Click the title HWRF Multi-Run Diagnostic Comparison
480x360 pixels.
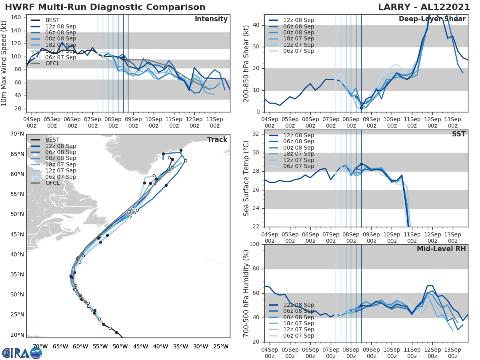(105, 7)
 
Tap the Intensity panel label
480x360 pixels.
(211, 19)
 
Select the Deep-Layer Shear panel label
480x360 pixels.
(432, 19)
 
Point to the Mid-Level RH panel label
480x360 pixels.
(441, 249)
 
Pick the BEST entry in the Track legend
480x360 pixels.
(52, 140)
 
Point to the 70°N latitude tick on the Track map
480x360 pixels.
(18, 134)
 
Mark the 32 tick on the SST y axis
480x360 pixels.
(256, 134)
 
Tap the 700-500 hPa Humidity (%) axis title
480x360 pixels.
(246, 293)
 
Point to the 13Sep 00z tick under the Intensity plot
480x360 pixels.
(214, 122)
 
